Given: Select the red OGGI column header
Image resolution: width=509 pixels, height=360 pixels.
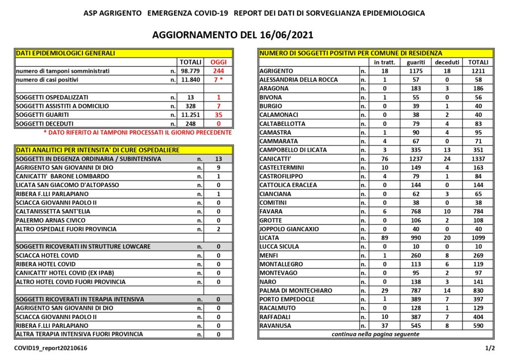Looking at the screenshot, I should [x=218, y=62].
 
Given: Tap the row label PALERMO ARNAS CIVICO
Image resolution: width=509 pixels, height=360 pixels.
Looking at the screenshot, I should [x=51, y=220].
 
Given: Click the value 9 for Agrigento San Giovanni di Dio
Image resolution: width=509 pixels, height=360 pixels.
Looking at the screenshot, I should [x=218, y=168].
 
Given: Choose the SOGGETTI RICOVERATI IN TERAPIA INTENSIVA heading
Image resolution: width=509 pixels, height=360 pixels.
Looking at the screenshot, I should [x=80, y=299].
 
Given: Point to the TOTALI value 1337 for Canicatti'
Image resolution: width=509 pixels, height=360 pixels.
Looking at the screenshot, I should [x=477, y=159].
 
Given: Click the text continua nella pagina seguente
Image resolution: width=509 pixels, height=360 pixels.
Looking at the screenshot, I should [x=375, y=334].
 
